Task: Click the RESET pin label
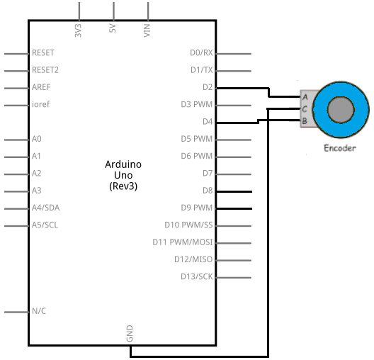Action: tap(43, 52)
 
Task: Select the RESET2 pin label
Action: tap(45, 70)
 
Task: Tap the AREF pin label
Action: tap(41, 87)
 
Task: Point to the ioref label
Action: tap(40, 104)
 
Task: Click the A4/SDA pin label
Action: tap(45, 208)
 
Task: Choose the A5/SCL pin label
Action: tap(45, 225)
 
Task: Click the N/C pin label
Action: tap(39, 311)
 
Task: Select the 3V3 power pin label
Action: tap(78, 30)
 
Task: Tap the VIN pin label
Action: tap(147, 30)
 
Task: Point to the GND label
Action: tap(130, 334)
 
